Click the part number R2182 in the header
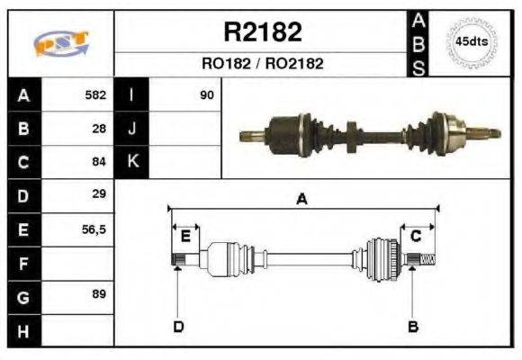(x=262, y=32)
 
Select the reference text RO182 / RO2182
(x=262, y=64)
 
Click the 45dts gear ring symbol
(x=472, y=42)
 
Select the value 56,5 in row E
(x=94, y=229)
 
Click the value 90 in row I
(x=206, y=94)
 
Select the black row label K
(x=131, y=162)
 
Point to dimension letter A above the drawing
(x=301, y=200)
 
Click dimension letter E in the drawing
(x=184, y=236)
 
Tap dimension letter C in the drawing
(x=416, y=236)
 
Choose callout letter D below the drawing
(x=177, y=326)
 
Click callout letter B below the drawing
(x=412, y=326)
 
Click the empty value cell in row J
(x=184, y=129)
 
